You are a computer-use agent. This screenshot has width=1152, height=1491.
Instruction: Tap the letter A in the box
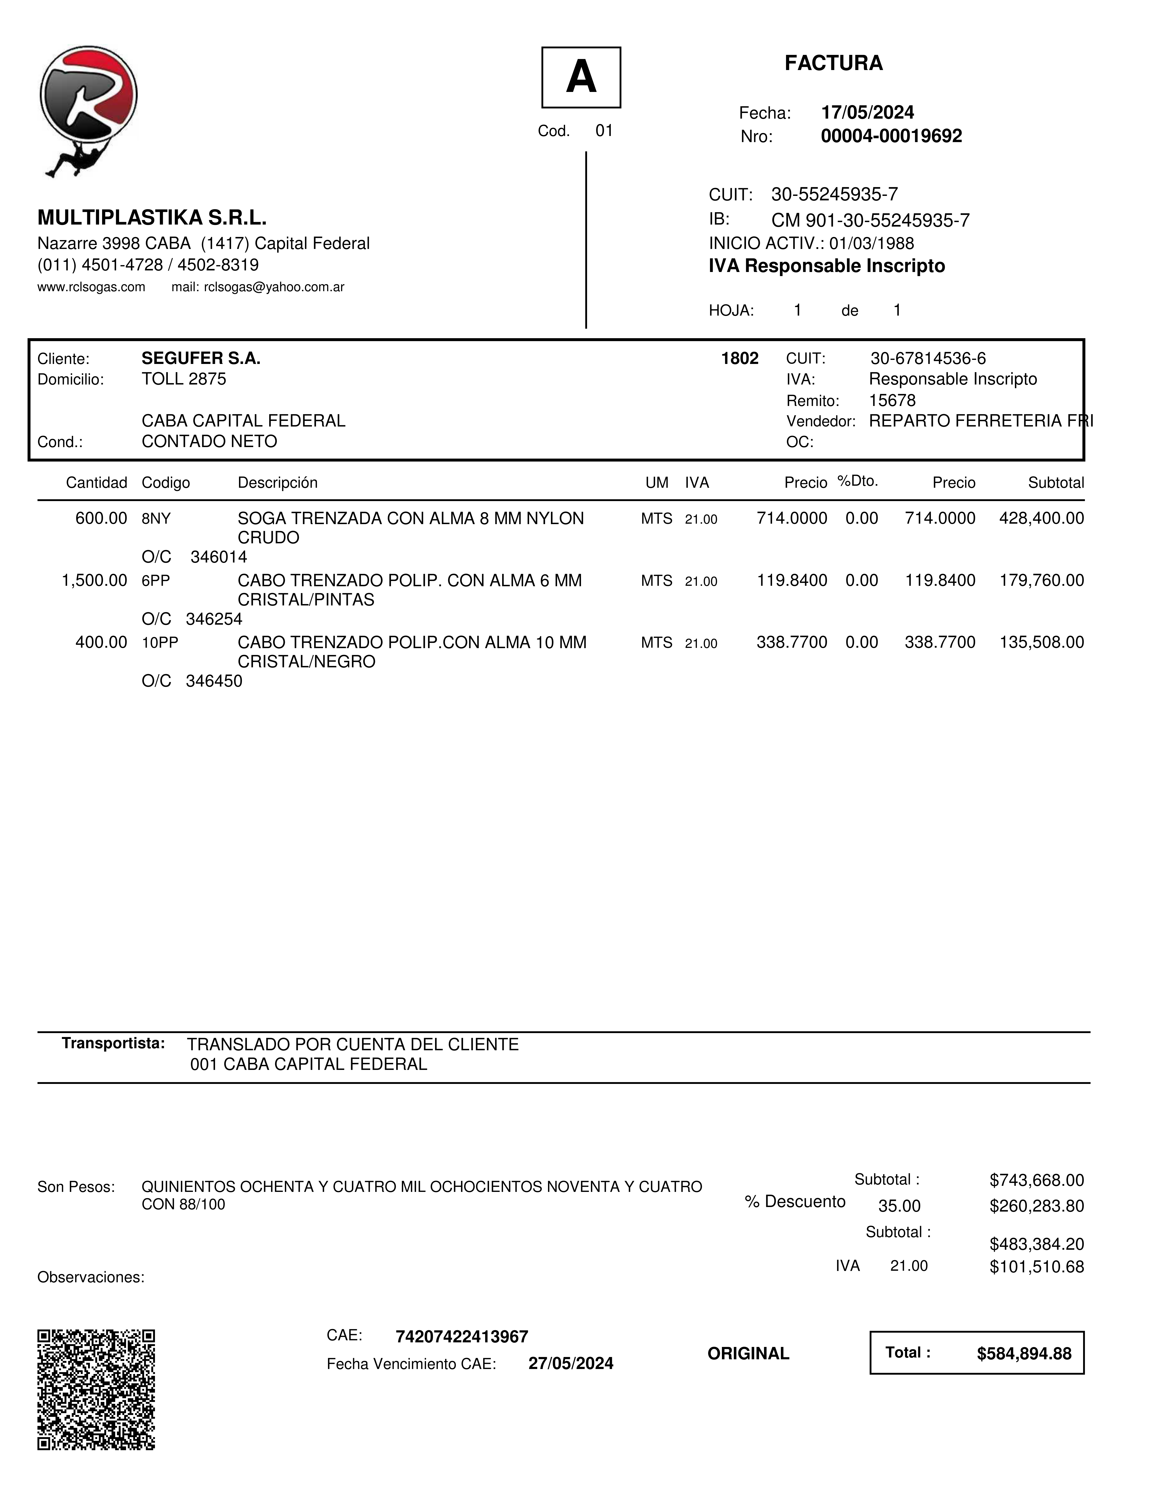tap(581, 77)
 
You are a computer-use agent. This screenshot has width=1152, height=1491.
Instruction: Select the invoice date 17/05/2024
tap(867, 113)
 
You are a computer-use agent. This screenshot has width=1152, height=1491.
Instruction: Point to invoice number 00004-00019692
tap(891, 136)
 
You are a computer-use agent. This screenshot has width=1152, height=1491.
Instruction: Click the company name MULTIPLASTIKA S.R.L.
tap(152, 218)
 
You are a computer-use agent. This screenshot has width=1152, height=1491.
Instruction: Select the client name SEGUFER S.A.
tap(201, 359)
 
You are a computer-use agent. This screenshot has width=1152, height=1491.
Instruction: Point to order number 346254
tap(214, 619)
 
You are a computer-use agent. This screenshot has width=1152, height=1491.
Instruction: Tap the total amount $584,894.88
tap(1024, 1354)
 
